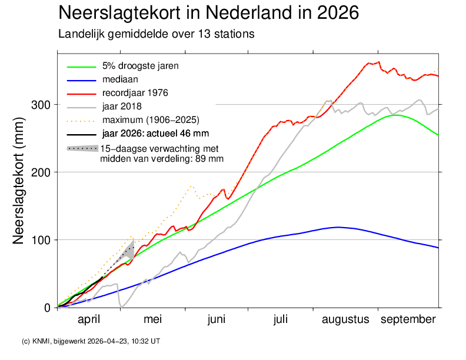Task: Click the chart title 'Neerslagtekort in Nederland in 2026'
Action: pos(208,13)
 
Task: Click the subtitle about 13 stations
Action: pos(156,34)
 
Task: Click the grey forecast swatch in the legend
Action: pos(82,148)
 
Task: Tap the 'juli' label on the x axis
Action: pos(281,319)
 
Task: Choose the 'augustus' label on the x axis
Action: pos(345,319)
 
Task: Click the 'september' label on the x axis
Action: pos(408,319)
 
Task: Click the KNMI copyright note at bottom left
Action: pos(91,341)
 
